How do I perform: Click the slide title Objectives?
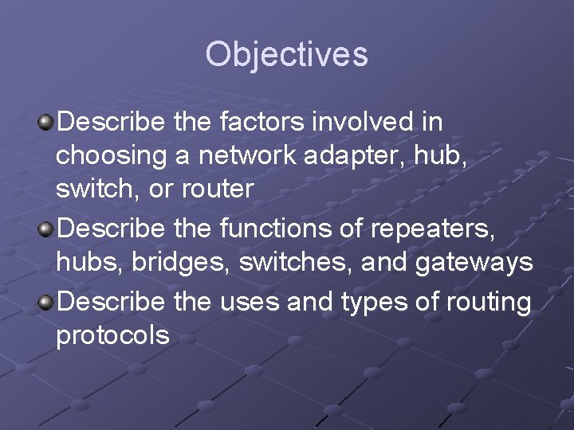pos(286,55)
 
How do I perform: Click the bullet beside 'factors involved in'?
pos(46,123)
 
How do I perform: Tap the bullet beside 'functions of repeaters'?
pos(46,229)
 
